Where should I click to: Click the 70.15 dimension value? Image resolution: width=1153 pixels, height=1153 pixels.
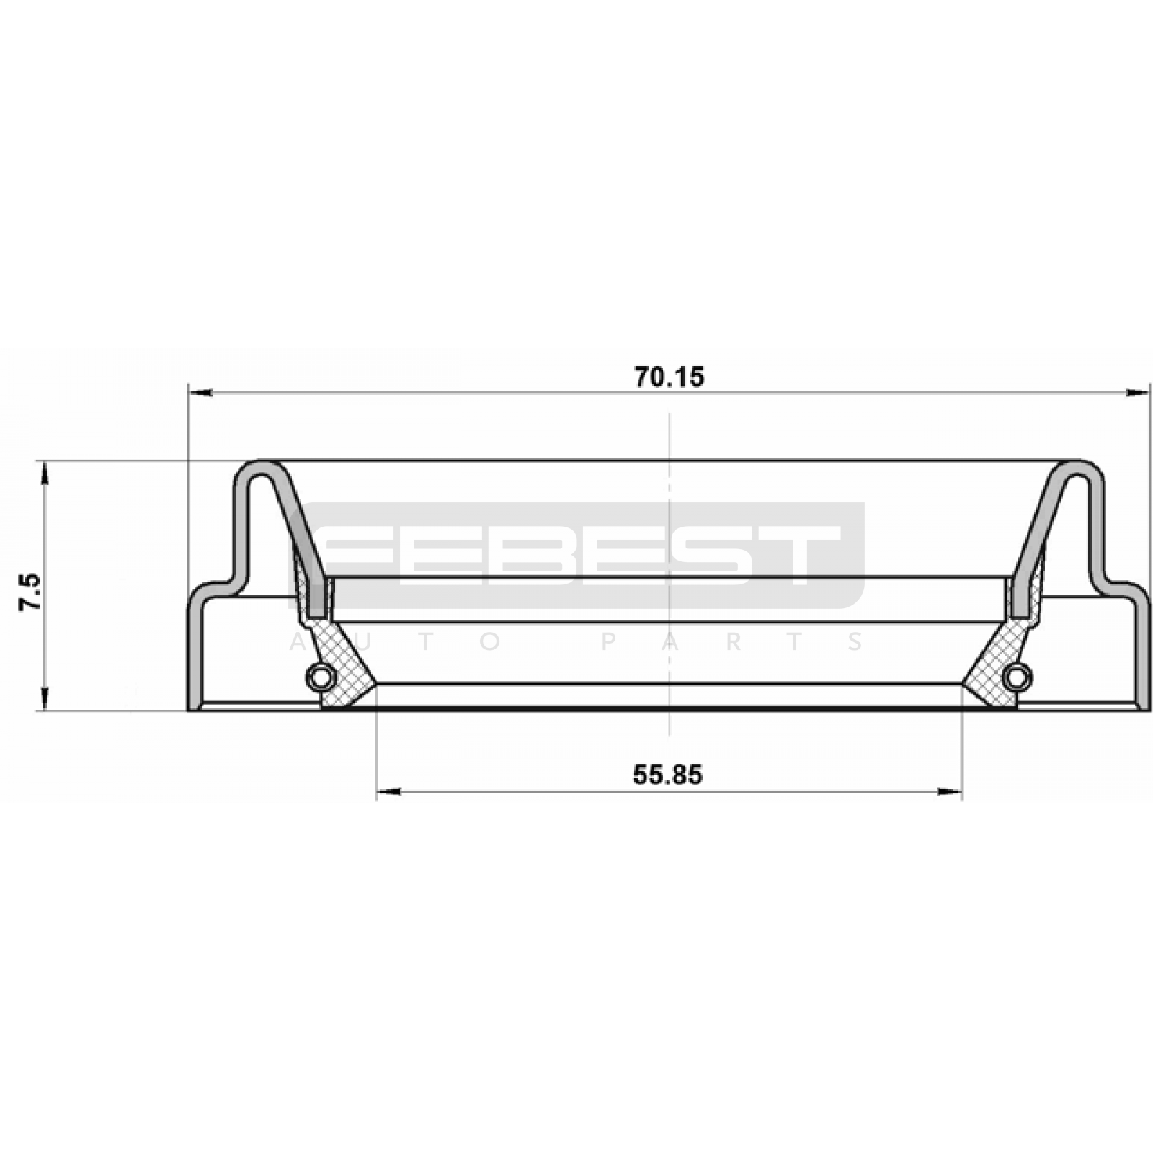click(x=669, y=377)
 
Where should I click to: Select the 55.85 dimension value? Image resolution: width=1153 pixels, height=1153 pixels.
click(x=667, y=775)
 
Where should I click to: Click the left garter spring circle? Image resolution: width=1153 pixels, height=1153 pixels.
click(x=321, y=676)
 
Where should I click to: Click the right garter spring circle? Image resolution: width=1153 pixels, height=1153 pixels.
click(x=1017, y=676)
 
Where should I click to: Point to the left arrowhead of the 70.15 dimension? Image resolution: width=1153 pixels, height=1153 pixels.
click(x=200, y=393)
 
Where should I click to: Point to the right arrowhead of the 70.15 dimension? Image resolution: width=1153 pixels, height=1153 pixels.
click(x=1138, y=393)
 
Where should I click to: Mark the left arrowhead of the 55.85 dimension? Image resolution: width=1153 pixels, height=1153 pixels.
click(x=388, y=793)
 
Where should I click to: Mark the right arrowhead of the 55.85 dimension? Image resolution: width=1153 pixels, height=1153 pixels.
click(x=950, y=793)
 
